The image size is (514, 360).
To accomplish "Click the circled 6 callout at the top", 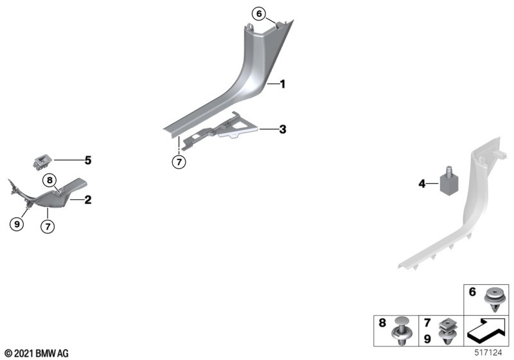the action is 259,14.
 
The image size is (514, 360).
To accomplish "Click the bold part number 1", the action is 282,84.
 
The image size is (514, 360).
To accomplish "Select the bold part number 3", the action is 283,129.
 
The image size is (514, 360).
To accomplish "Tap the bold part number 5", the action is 88,160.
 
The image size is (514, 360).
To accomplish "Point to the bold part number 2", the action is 88,200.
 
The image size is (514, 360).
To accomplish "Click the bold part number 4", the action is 422,184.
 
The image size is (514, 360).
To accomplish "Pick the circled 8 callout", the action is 49,181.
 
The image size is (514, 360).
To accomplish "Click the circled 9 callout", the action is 17,224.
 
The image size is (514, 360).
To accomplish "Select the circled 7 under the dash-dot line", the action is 179,161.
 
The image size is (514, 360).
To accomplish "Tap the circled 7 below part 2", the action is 48,226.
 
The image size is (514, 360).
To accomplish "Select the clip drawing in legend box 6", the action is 493,300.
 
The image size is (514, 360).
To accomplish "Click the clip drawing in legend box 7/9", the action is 447,332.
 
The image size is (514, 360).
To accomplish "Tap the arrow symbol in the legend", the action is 486,330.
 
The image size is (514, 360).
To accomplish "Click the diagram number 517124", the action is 488,353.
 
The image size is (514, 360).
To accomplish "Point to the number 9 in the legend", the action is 427,339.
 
